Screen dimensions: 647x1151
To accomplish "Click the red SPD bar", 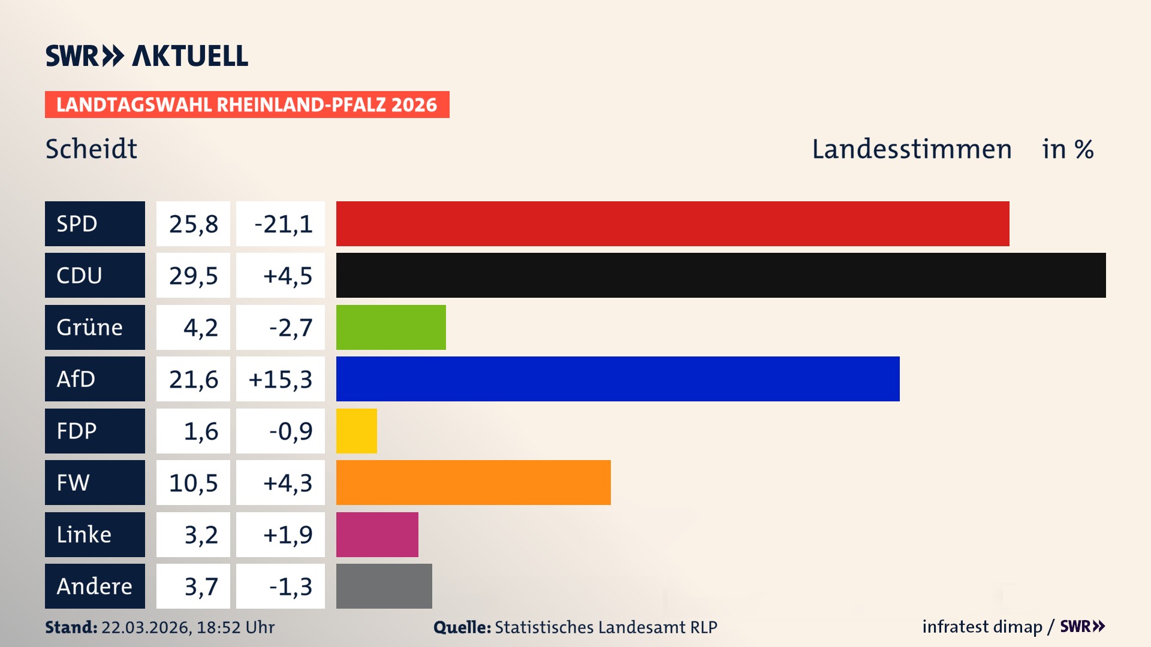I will [673, 223].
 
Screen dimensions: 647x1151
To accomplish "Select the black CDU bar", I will [721, 275].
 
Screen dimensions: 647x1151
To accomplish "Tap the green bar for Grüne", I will [391, 327].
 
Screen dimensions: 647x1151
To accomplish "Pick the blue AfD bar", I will [617, 379].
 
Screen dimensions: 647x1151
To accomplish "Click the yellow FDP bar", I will [356, 431].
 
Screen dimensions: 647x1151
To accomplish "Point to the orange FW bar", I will [473, 482].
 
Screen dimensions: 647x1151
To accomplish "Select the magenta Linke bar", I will [377, 534].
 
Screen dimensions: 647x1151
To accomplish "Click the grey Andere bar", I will [384, 586].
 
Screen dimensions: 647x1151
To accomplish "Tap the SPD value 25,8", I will [193, 224].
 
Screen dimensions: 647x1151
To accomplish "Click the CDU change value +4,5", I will [287, 276].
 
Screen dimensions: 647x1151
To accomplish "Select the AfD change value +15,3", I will [280, 379].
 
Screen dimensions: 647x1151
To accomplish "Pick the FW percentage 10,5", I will [193, 483].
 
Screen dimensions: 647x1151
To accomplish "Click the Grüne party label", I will [90, 327].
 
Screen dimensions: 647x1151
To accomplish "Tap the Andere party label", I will [94, 586].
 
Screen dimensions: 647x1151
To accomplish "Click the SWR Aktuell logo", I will [147, 56].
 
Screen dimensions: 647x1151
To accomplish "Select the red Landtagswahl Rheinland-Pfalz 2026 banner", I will [247, 105].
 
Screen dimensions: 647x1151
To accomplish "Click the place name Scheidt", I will [91, 149].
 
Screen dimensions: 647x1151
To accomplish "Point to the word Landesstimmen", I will [911, 149].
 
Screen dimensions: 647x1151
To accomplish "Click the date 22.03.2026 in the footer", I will [146, 627].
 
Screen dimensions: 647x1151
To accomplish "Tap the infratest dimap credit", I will [982, 627].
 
